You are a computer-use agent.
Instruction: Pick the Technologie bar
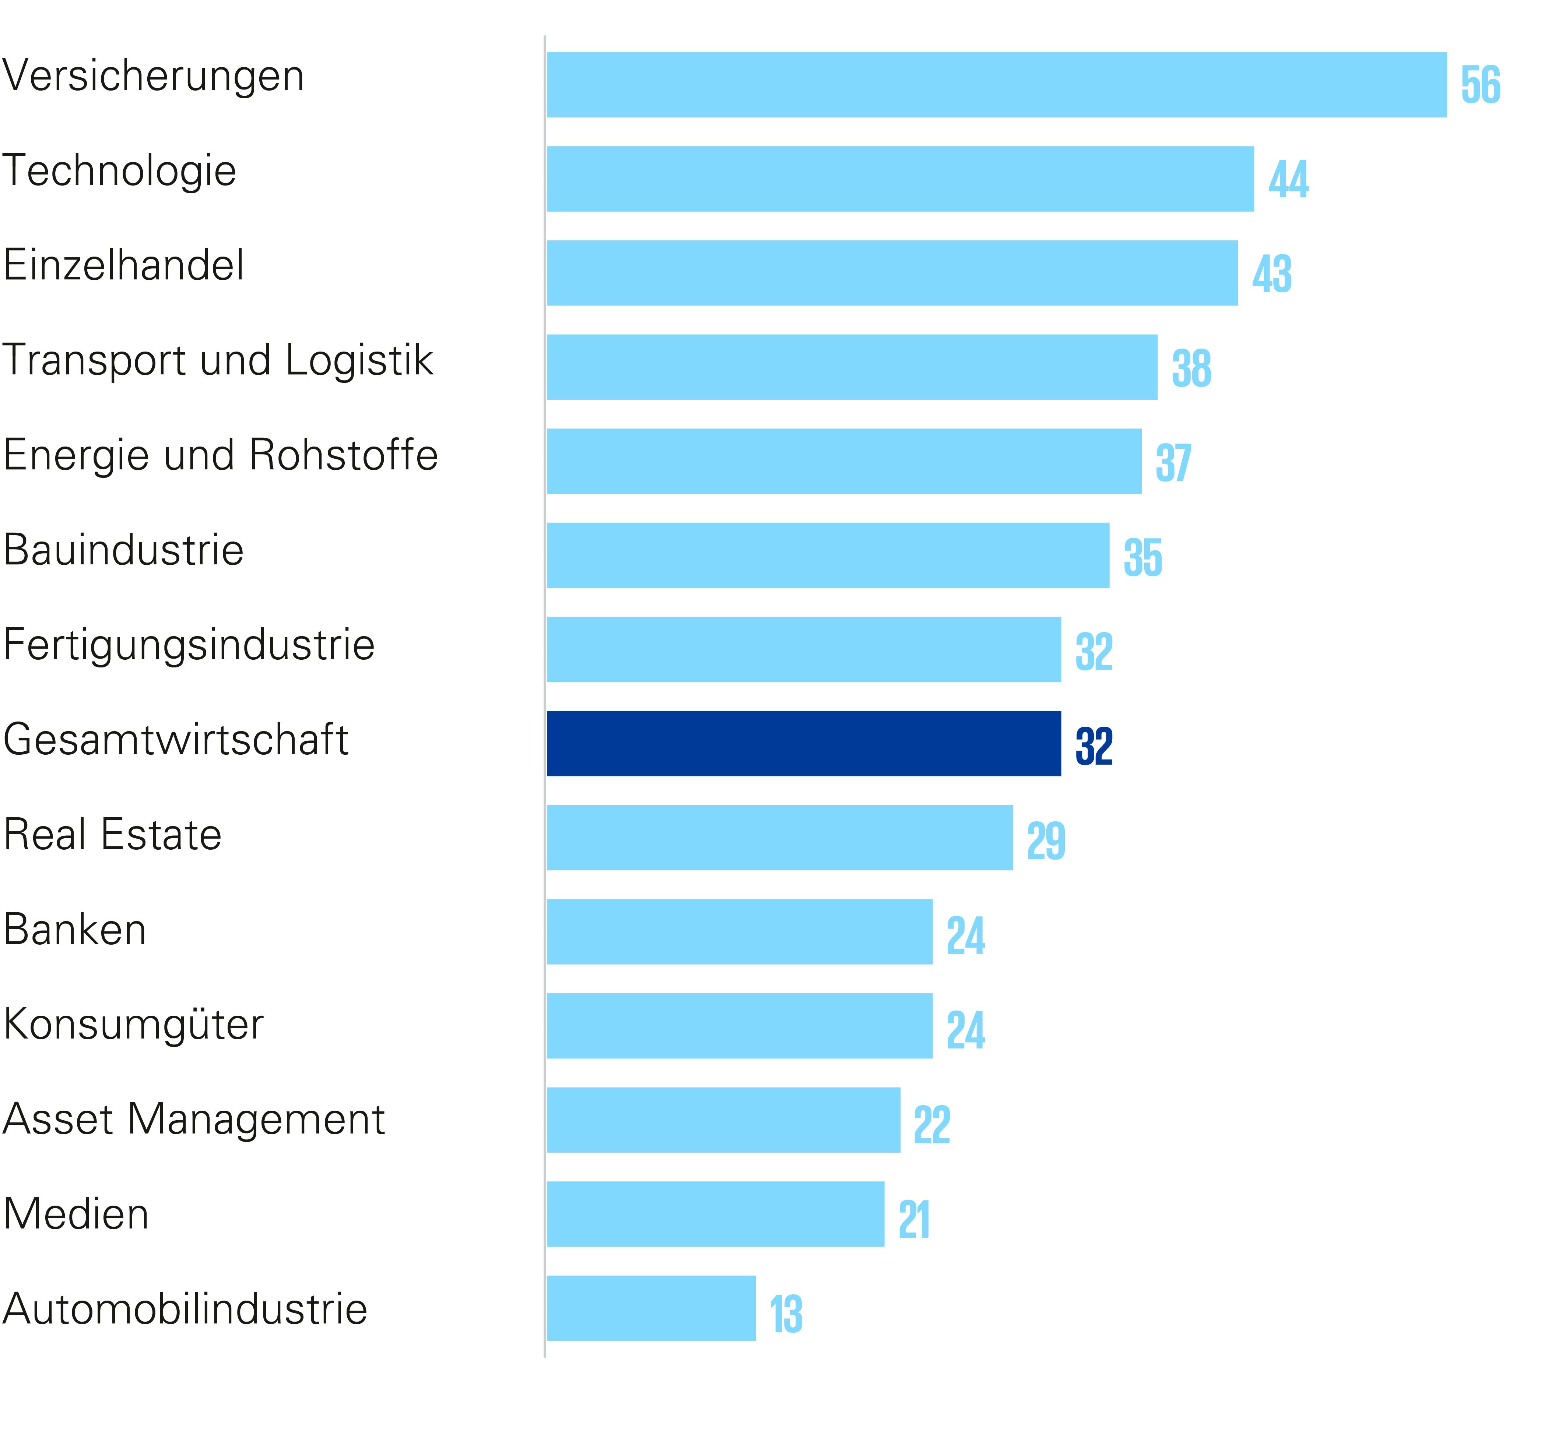coord(900,179)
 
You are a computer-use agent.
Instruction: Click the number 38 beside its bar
coord(1191,368)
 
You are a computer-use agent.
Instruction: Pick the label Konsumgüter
coord(134,1024)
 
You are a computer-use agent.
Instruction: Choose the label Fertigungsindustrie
coord(189,645)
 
